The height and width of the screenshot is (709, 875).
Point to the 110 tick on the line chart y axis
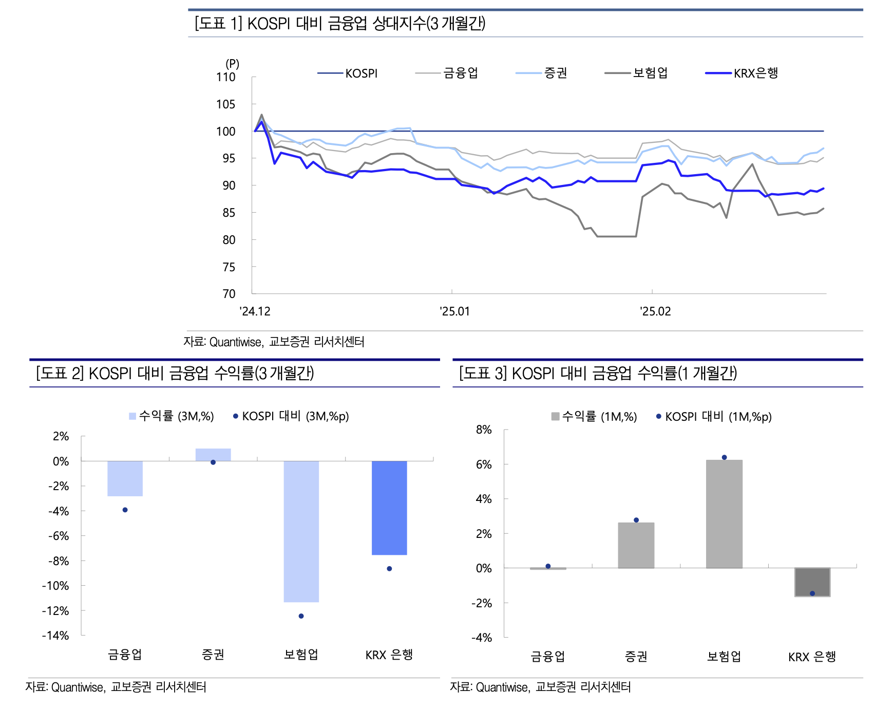click(x=226, y=77)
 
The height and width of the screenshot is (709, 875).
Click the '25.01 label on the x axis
click(x=454, y=311)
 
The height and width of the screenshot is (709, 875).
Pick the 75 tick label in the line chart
click(x=229, y=267)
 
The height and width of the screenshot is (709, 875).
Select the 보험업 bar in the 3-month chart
click(x=301, y=531)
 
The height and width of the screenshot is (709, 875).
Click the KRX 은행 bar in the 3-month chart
click(x=389, y=508)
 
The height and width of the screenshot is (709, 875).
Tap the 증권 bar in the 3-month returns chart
click(x=213, y=455)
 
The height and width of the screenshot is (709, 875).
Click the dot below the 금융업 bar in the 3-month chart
click(x=125, y=510)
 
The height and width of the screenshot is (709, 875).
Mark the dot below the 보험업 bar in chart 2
click(x=301, y=616)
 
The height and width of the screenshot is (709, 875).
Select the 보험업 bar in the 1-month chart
click(x=724, y=514)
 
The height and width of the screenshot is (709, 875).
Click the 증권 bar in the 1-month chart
click(x=636, y=545)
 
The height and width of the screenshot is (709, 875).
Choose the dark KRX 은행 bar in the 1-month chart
click(x=812, y=582)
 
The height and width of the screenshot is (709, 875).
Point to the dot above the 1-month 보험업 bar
click(x=724, y=457)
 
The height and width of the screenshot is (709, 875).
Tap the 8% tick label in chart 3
click(x=484, y=430)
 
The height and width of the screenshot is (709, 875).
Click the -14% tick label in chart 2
click(x=55, y=636)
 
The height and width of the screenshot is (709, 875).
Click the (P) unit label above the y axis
click(x=232, y=64)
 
